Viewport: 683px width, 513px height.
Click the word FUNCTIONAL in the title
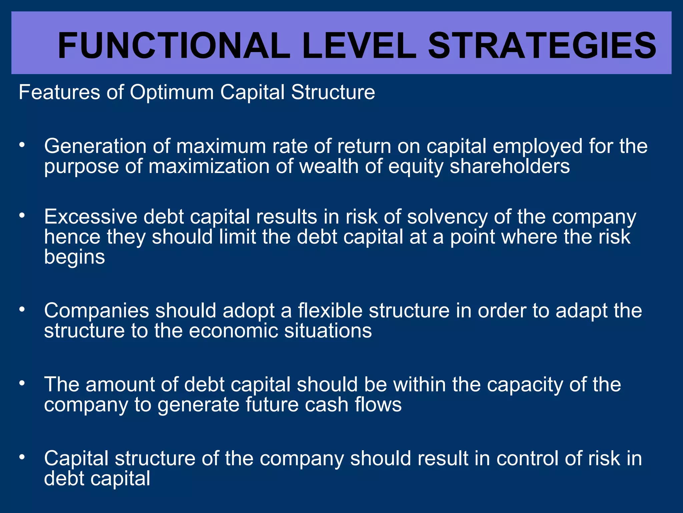pyautogui.click(x=174, y=46)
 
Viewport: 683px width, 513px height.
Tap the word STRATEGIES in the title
pyautogui.click(x=542, y=46)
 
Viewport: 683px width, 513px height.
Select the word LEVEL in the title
pyautogui.click(x=359, y=46)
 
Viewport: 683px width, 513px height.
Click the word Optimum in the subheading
pyautogui.click(x=171, y=93)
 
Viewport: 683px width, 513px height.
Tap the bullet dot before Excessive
pyautogui.click(x=22, y=215)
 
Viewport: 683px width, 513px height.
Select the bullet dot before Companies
pyautogui.click(x=22, y=309)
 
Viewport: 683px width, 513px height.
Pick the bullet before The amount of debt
pyautogui.click(x=22, y=383)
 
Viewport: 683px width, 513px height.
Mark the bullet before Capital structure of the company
pyautogui.click(x=22, y=457)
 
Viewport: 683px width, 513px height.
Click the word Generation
pyautogui.click(x=95, y=146)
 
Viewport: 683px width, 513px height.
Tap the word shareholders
pyautogui.click(x=510, y=166)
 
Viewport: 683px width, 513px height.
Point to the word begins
pyautogui.click(x=74, y=257)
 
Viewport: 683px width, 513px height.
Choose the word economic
pyautogui.click(x=233, y=331)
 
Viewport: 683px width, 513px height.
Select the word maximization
pyautogui.click(x=209, y=166)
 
